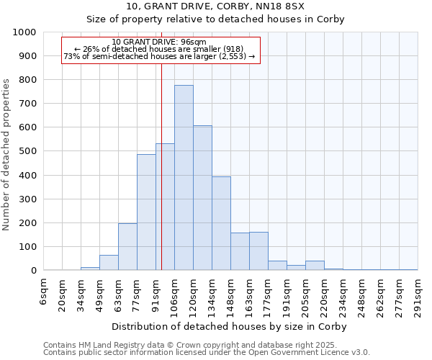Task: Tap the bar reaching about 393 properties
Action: point(221,223)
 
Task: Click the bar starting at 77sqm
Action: point(146,212)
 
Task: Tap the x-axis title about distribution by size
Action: point(230,326)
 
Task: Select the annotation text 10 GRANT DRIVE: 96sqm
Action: point(160,42)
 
